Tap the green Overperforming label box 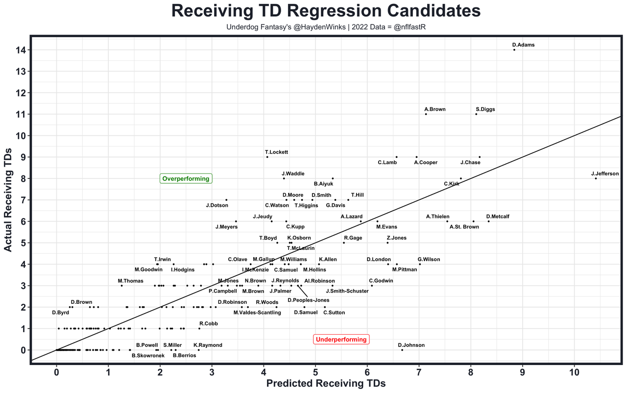pos(186,179)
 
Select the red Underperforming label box pos(341,340)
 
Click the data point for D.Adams pos(514,49)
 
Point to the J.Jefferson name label pos(605,173)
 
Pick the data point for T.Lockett pos(267,157)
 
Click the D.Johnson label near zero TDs pos(411,345)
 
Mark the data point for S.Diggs pos(476,114)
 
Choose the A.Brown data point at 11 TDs pos(426,114)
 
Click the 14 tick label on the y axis pos(20,50)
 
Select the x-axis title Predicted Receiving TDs pos(326,384)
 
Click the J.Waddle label pos(293,173)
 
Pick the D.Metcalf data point pos(488,221)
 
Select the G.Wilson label pos(429,259)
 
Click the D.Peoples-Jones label pos(309,300)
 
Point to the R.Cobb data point pos(199,328)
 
